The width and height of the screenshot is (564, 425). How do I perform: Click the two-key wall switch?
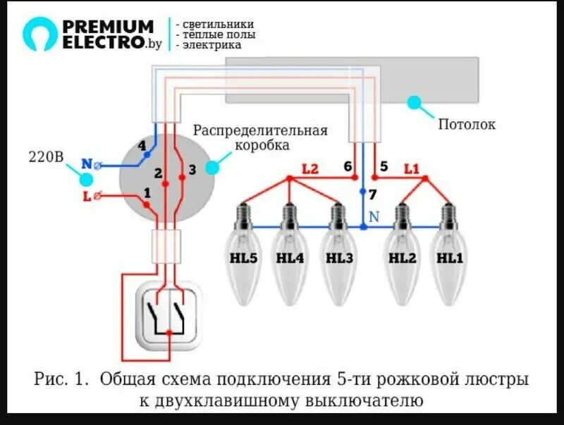pyautogui.click(x=168, y=315)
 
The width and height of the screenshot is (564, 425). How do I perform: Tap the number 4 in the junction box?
pyautogui.click(x=142, y=146)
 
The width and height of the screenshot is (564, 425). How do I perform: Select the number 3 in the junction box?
pyautogui.click(x=191, y=170)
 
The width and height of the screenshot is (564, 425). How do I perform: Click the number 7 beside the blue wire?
pyautogui.click(x=373, y=194)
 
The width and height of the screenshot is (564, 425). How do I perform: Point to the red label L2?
pyautogui.click(x=310, y=169)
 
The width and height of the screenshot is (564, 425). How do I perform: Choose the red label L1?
pyautogui.click(x=412, y=169)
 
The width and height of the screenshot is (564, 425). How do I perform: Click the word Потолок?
pyautogui.click(x=467, y=125)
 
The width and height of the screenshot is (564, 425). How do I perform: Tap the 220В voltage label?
pyautogui.click(x=47, y=156)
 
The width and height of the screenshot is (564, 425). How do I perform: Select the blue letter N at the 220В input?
pyautogui.click(x=86, y=164)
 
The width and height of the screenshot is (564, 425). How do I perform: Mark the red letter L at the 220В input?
pyautogui.click(x=87, y=197)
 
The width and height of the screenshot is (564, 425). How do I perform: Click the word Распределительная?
pyautogui.click(x=261, y=131)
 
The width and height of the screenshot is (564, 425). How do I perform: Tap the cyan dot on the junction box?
pyautogui.click(x=212, y=168)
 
